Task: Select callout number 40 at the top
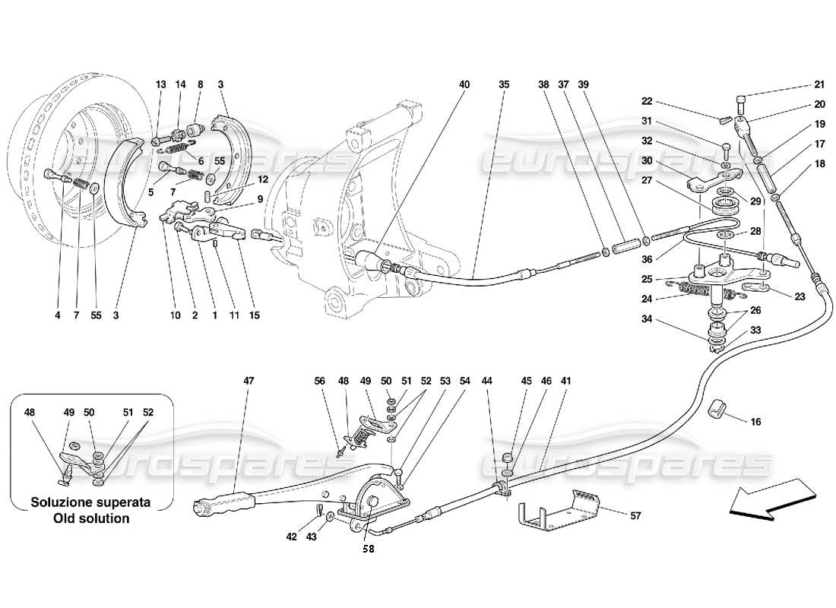(464, 85)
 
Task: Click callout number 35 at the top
(503, 85)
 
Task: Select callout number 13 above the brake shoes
(160, 85)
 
